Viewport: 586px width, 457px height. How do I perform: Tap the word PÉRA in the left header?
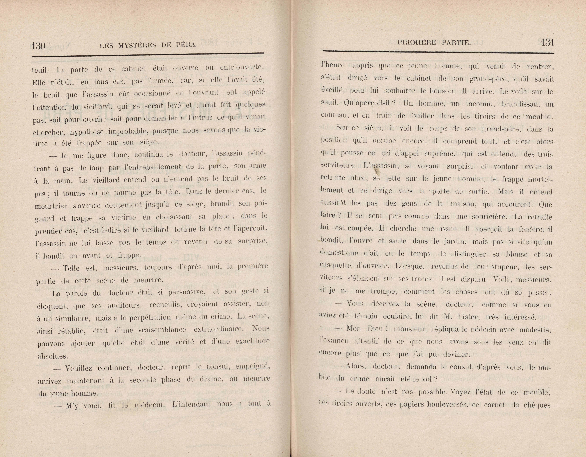coord(186,45)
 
